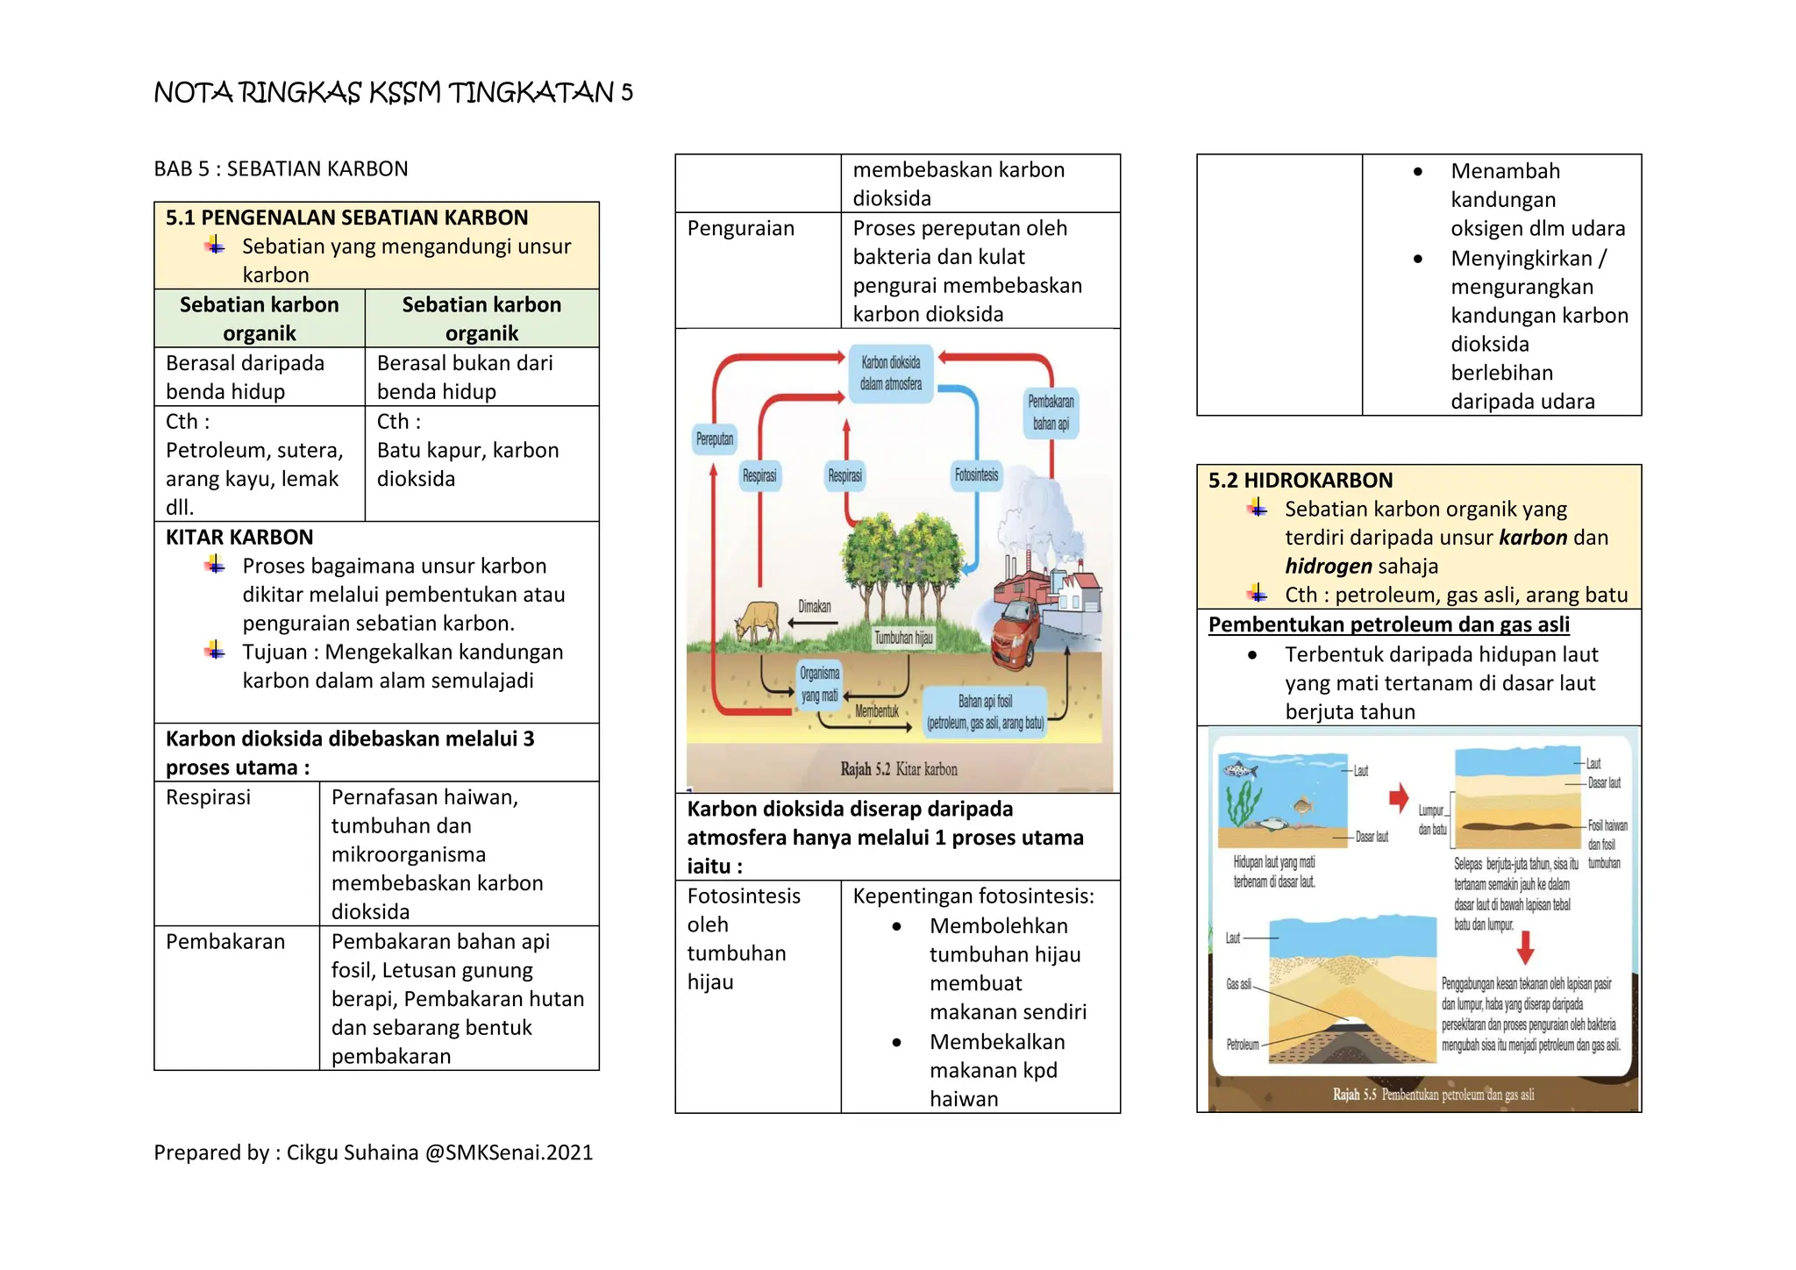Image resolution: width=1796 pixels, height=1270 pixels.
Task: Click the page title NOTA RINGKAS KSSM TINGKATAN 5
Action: pyautogui.click(x=393, y=92)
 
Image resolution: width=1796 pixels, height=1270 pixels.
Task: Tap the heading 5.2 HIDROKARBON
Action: pyautogui.click(x=1300, y=481)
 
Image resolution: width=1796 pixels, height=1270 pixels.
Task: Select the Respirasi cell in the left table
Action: pyautogui.click(x=209, y=797)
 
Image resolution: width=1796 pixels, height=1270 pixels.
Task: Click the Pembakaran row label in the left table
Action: pyautogui.click(x=225, y=942)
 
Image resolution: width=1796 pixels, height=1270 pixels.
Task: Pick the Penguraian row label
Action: pyautogui.click(x=740, y=229)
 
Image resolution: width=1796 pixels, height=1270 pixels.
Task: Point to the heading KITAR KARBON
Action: pyautogui.click(x=239, y=538)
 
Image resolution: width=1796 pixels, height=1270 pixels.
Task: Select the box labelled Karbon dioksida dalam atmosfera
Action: pyautogui.click(x=890, y=374)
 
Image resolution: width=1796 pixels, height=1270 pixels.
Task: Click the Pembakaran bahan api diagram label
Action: pyautogui.click(x=1051, y=413)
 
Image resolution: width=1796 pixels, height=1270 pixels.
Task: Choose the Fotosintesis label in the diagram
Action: pyautogui.click(x=976, y=475)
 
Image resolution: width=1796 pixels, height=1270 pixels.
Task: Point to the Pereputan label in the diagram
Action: pyautogui.click(x=715, y=439)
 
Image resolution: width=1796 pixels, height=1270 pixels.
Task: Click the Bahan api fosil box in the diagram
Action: pyautogui.click(x=985, y=712)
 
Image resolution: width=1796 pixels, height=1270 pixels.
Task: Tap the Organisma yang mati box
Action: pyautogui.click(x=819, y=684)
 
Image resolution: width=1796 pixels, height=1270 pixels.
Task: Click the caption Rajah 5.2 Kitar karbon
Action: pyautogui.click(x=898, y=769)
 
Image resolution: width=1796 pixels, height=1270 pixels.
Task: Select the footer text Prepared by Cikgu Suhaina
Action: pyautogui.click(x=374, y=1152)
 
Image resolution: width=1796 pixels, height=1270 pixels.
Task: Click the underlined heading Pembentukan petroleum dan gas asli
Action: pyautogui.click(x=1388, y=625)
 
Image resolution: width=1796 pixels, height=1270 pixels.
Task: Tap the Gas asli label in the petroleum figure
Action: pyautogui.click(x=1238, y=984)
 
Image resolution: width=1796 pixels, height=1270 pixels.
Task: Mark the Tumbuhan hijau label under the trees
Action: pyautogui.click(x=903, y=638)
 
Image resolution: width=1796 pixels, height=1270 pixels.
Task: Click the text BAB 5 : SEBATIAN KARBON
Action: pyautogui.click(x=281, y=169)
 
